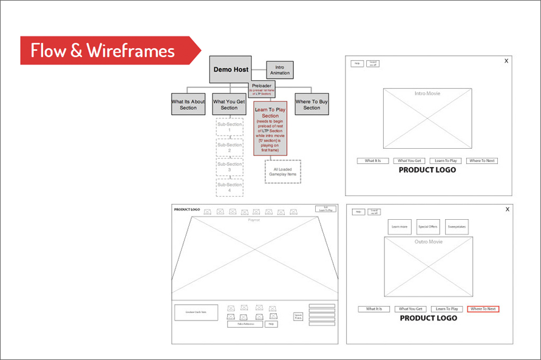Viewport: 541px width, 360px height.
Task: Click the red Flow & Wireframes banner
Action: (x=103, y=50)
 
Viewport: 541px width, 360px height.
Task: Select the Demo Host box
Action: (x=231, y=70)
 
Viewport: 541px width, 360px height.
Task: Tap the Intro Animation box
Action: (x=280, y=70)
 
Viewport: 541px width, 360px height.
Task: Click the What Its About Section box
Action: (x=188, y=104)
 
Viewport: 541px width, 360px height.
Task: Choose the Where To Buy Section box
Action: (x=311, y=104)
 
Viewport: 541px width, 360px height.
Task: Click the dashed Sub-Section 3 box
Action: (x=230, y=168)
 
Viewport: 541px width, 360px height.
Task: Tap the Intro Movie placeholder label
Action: (x=427, y=93)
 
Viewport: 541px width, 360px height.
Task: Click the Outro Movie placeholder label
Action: (x=429, y=242)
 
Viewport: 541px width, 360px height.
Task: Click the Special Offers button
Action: (x=428, y=226)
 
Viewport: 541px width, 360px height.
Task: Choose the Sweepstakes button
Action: (x=457, y=226)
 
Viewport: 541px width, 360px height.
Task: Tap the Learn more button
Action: (x=400, y=226)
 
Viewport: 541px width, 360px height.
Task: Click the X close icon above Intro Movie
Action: (x=506, y=61)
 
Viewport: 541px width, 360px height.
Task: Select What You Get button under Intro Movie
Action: (x=410, y=161)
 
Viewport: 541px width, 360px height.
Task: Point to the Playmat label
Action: (x=254, y=220)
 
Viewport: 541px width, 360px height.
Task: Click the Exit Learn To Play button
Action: (x=325, y=209)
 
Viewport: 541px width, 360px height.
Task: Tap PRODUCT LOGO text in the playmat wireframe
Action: (x=187, y=209)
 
